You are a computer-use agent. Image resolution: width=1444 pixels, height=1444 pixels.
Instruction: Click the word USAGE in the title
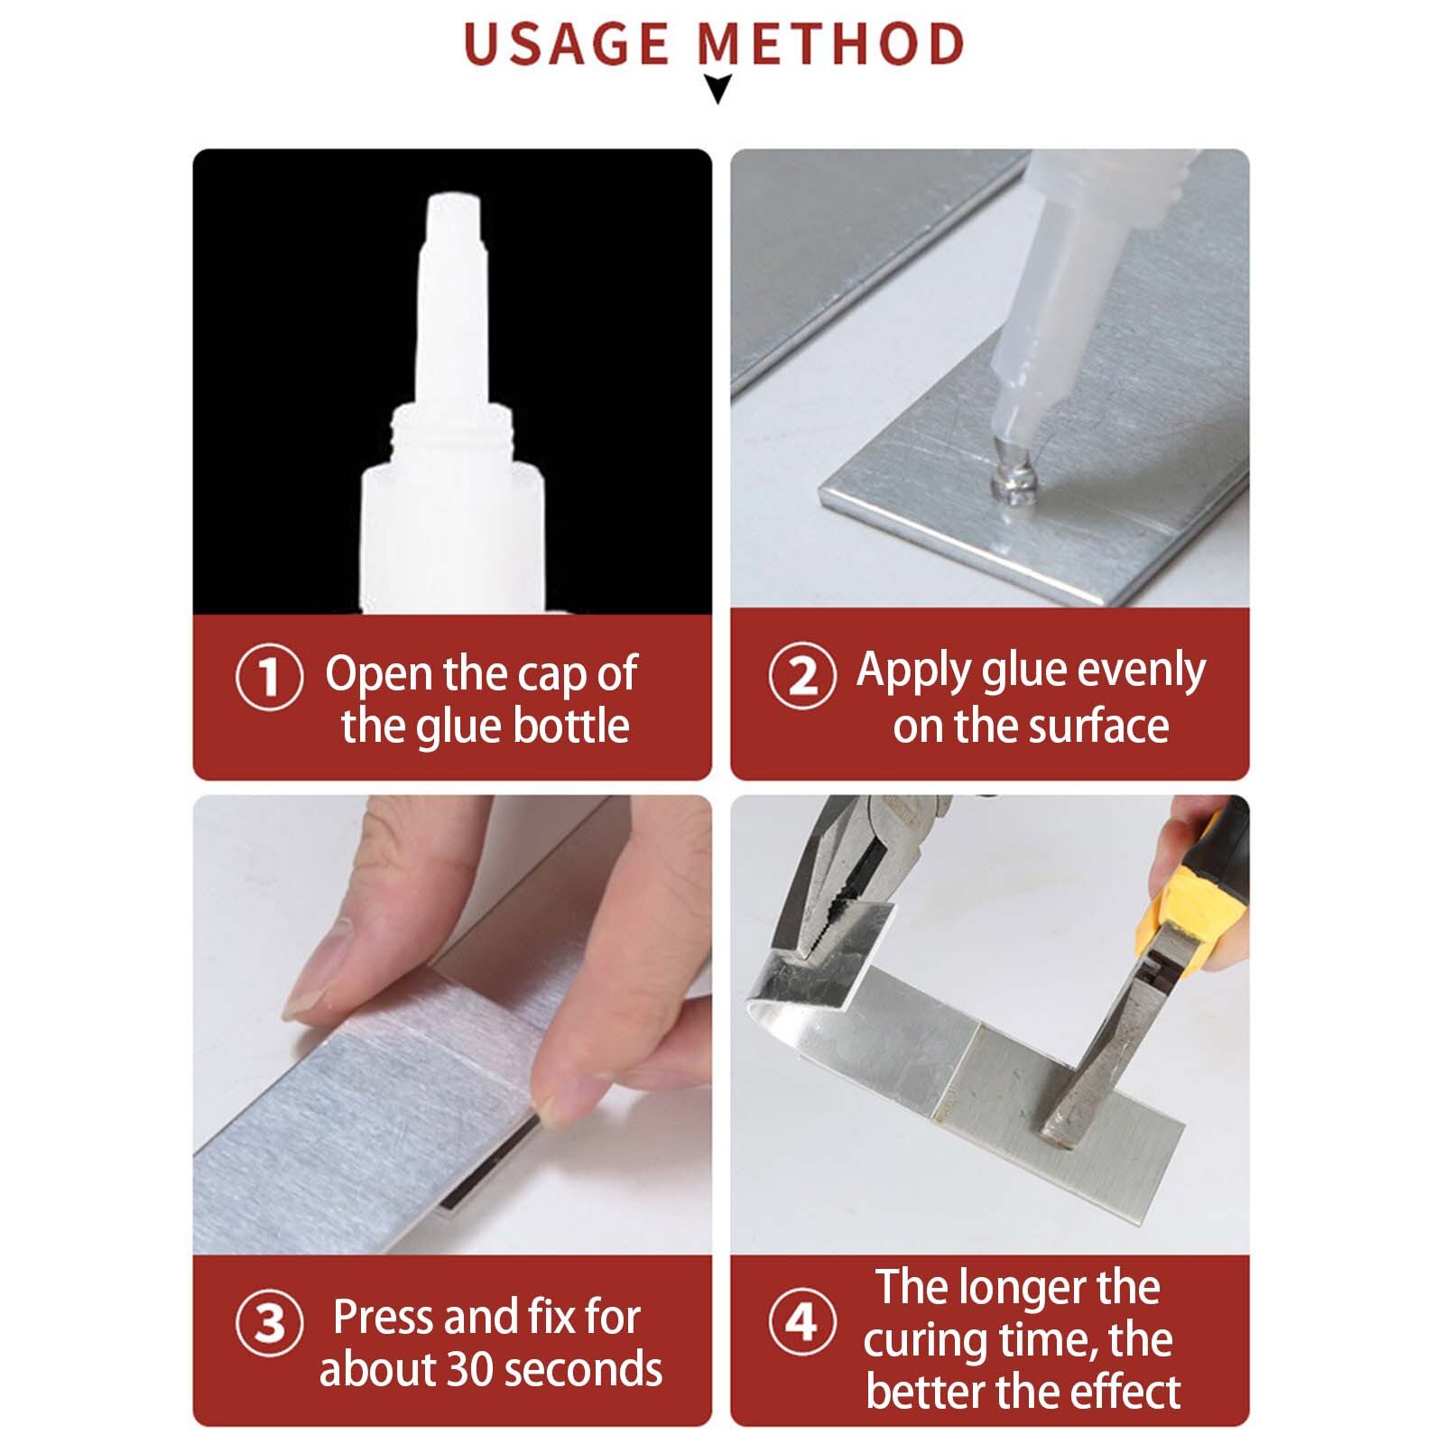[x=566, y=45]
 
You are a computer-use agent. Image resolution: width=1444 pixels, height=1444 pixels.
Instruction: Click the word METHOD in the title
[x=831, y=45]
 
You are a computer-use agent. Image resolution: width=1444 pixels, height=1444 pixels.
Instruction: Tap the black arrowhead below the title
[x=717, y=89]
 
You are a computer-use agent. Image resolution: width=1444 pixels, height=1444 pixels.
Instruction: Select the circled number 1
[x=268, y=676]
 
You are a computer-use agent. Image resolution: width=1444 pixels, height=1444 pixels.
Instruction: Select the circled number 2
[x=801, y=676]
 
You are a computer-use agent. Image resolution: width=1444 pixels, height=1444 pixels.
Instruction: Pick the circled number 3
[x=268, y=1323]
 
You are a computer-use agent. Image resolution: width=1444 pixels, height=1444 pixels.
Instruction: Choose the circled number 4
[x=801, y=1323]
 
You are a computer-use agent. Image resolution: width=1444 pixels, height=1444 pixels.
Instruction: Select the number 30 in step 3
[x=469, y=1369]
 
